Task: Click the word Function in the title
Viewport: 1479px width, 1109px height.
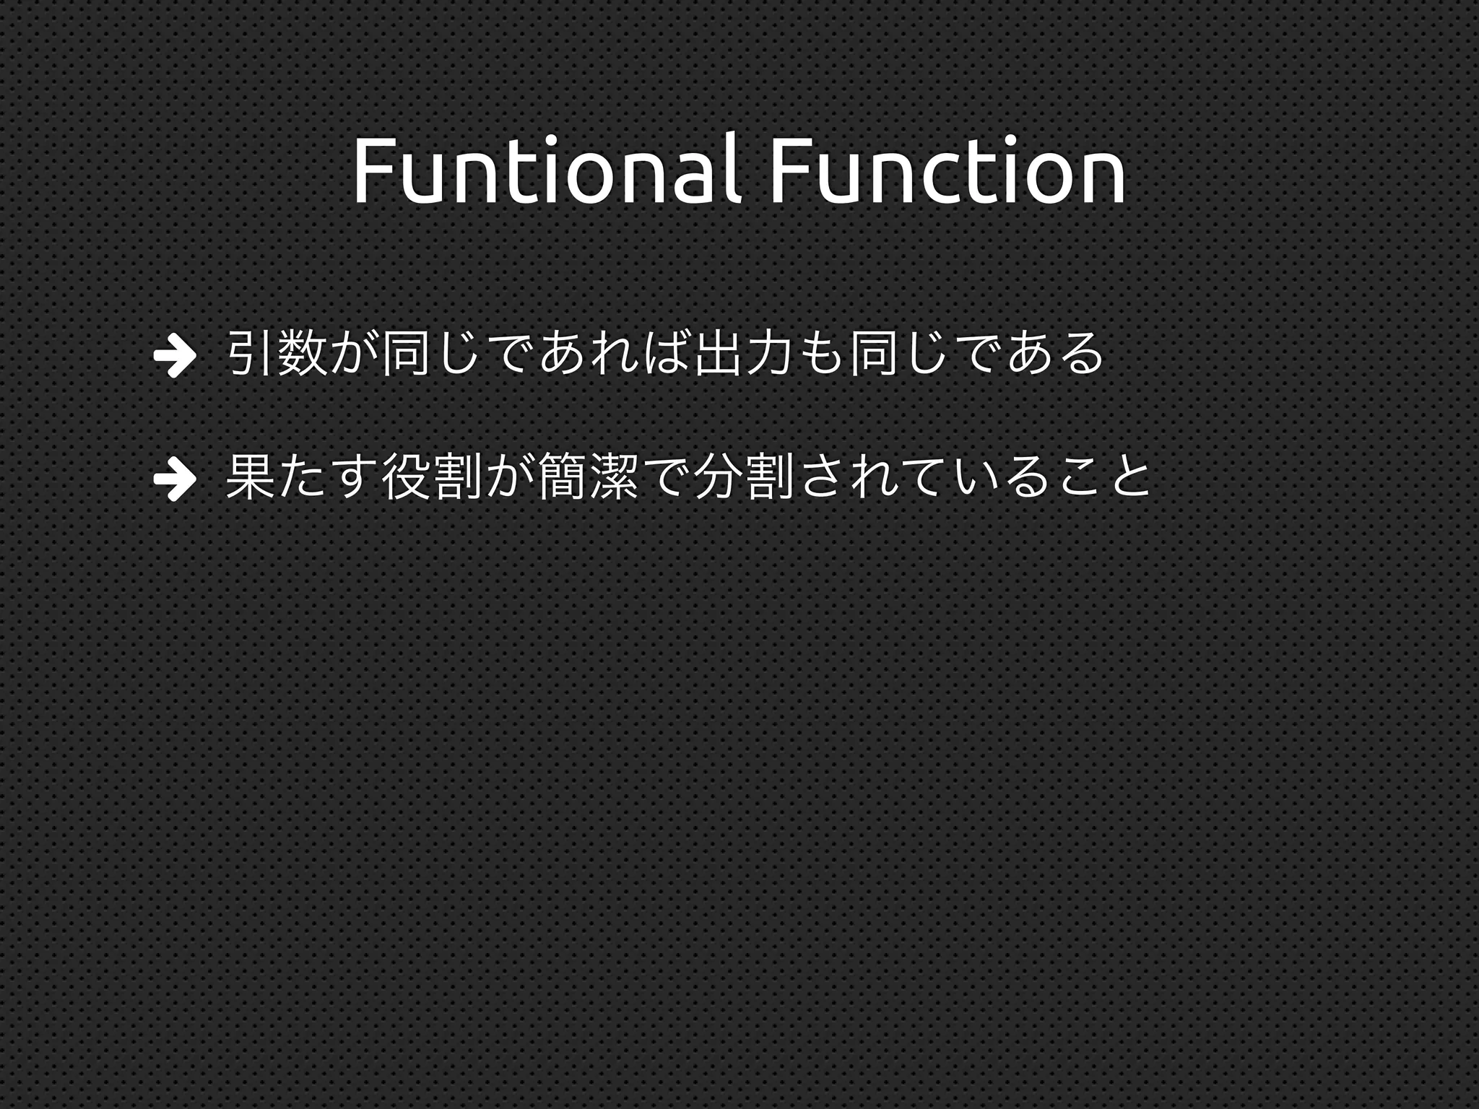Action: pos(947,170)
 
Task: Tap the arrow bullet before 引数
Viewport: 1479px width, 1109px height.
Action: pos(174,355)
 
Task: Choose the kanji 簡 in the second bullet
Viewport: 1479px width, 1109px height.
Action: pos(561,477)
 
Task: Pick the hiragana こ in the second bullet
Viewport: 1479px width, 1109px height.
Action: pos(1079,477)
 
